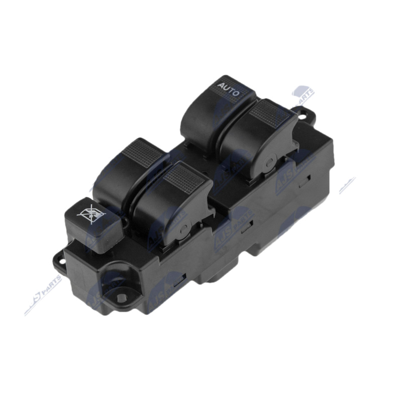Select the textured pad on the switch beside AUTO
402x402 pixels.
tap(269, 116)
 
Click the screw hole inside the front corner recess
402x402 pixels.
tap(121, 297)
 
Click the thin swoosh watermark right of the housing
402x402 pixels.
tap(347, 186)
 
